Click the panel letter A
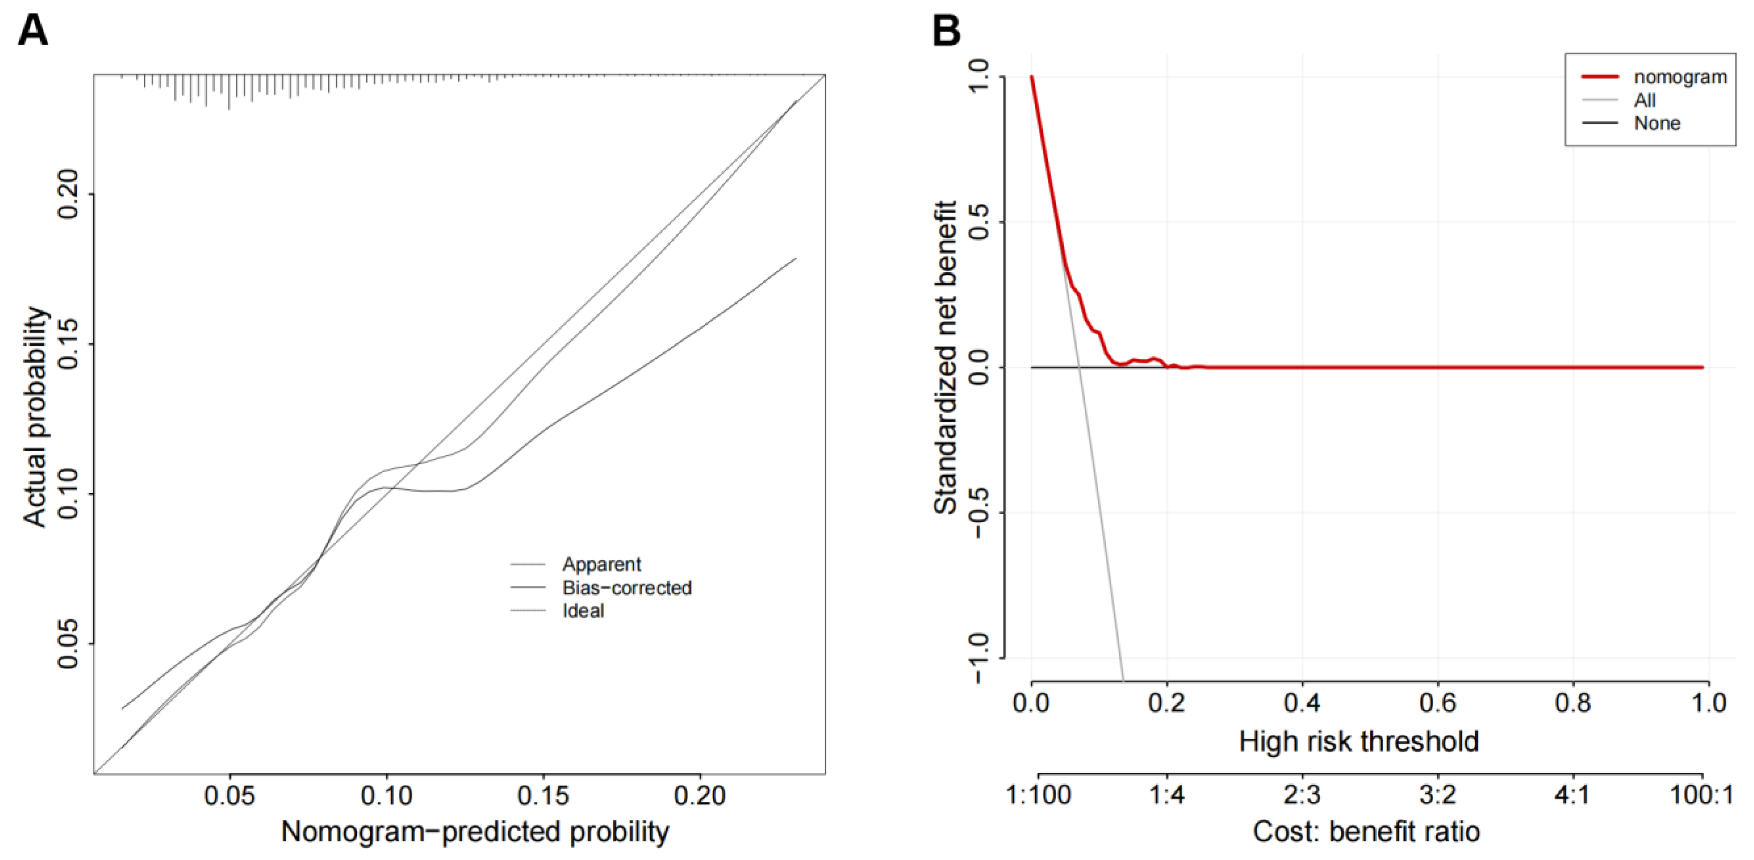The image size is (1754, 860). point(33,31)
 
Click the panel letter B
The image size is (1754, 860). point(946,31)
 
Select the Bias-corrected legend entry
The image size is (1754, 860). point(626,588)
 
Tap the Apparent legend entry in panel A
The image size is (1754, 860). point(601,565)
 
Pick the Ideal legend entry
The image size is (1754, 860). point(583,611)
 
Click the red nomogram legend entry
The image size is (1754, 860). point(1680,77)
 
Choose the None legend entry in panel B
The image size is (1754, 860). point(1657,123)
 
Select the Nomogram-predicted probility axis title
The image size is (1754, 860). point(475,832)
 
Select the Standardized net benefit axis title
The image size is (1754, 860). point(945,358)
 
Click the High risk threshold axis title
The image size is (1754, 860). point(1358,741)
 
